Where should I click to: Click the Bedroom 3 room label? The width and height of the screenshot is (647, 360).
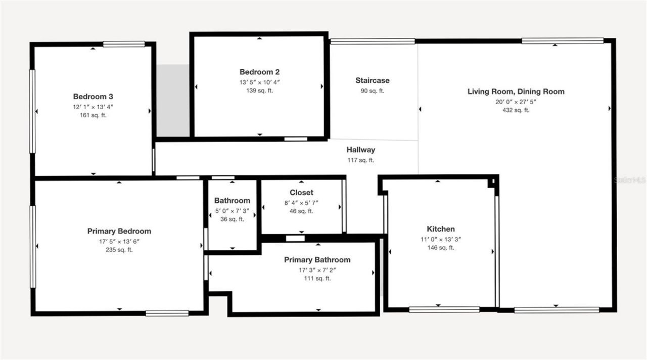tap(94, 97)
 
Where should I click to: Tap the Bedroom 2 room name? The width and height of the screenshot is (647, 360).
tap(259, 72)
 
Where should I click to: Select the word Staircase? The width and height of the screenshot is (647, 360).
tap(372, 80)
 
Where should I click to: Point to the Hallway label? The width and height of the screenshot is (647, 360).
tap(361, 150)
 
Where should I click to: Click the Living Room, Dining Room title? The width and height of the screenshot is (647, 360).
tap(516, 92)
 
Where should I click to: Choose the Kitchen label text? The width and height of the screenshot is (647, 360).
tap(441, 229)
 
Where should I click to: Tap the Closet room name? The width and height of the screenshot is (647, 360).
tap(301, 193)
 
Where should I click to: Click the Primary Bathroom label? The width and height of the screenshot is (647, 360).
tap(317, 260)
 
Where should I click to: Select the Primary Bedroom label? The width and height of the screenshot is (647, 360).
tap(119, 231)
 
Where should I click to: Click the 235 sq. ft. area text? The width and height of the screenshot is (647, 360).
tap(119, 250)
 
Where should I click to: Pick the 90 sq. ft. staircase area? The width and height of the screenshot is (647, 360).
tap(372, 91)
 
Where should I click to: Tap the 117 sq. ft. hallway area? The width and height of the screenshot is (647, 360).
tap(361, 160)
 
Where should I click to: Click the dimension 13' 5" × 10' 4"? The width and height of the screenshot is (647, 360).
tap(259, 82)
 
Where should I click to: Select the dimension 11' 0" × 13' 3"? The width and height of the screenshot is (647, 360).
tap(441, 239)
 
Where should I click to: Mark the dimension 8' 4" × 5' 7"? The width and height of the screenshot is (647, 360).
tap(301, 202)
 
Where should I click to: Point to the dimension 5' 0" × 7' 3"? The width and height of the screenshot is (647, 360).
tap(232, 210)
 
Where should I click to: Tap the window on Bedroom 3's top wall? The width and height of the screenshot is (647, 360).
tap(124, 44)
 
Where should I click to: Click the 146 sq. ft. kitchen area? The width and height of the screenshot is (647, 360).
tap(441, 248)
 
